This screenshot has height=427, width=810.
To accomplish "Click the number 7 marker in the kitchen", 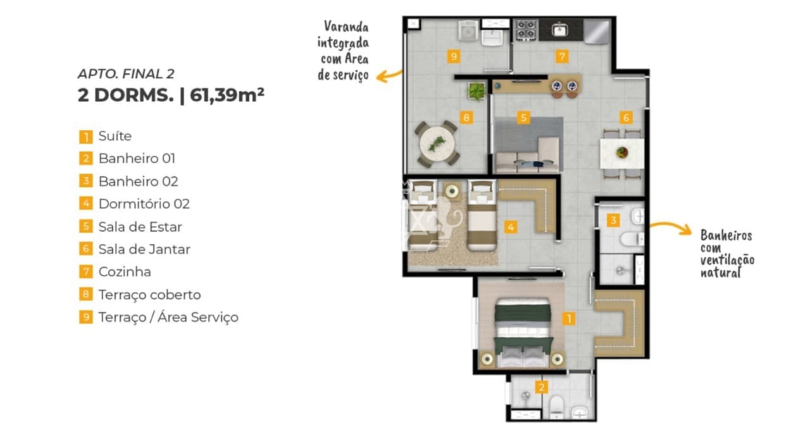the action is coord(562,56).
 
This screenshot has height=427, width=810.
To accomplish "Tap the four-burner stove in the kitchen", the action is coord(526,30).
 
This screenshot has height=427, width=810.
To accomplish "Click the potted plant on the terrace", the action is coord(477,91).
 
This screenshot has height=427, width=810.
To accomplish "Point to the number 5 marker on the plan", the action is coord(523,118).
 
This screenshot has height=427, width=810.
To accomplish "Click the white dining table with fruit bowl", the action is coord(621,153).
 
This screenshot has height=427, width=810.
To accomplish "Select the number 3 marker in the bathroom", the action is coord(613,220).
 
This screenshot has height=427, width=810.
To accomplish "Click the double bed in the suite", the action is coord(523,333).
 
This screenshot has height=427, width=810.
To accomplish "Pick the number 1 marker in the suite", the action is coord(569,319).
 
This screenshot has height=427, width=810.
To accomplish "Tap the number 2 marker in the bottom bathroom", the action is coord(541,387).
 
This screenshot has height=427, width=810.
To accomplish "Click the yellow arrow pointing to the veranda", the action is coord(389,76).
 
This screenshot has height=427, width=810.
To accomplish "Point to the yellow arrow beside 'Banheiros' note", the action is coord(671,228).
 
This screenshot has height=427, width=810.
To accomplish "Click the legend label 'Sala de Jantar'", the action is coord(144,249).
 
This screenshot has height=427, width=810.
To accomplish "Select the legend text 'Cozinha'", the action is coord(125,272).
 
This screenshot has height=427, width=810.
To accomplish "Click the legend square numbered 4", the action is coord(86,204).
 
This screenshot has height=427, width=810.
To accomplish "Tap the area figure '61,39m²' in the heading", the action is coord(227,95).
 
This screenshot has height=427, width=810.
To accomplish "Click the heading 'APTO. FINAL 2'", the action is coord(126,74).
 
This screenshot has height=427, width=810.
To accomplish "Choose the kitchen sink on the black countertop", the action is coord(560,30).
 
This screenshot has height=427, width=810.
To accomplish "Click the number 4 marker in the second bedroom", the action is coord(511,227).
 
